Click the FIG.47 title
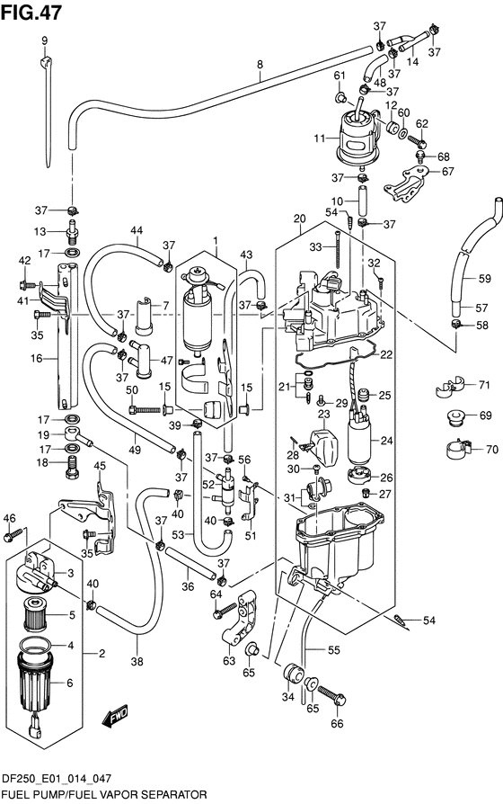31,12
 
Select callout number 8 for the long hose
260,65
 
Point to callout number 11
320,138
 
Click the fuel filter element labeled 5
35,615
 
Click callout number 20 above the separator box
300,219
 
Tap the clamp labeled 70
457,450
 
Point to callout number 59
484,279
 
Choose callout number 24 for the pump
386,440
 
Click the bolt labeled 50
146,410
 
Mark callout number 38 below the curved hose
137,661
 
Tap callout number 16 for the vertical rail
36,358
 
